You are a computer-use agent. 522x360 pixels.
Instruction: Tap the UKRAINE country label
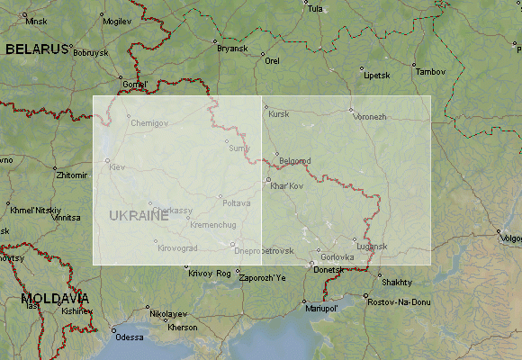coord(139,216)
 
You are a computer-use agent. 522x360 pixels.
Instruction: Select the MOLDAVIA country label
coord(56,298)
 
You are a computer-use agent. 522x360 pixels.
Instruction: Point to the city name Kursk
coord(279,114)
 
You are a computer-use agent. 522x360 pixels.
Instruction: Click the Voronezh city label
coord(370,117)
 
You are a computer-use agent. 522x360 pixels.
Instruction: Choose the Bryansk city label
coord(231,49)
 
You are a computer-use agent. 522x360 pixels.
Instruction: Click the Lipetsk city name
coord(376,76)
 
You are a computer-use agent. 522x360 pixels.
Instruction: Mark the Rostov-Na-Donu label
coord(400,301)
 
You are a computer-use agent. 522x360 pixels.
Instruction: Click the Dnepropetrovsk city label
coord(265,250)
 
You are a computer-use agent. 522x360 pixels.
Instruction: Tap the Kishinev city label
coord(76,310)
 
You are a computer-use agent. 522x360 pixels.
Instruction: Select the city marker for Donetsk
coord(312,264)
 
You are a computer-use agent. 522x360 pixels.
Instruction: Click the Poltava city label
coord(236,203)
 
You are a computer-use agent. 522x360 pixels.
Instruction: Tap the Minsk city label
coord(36,21)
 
